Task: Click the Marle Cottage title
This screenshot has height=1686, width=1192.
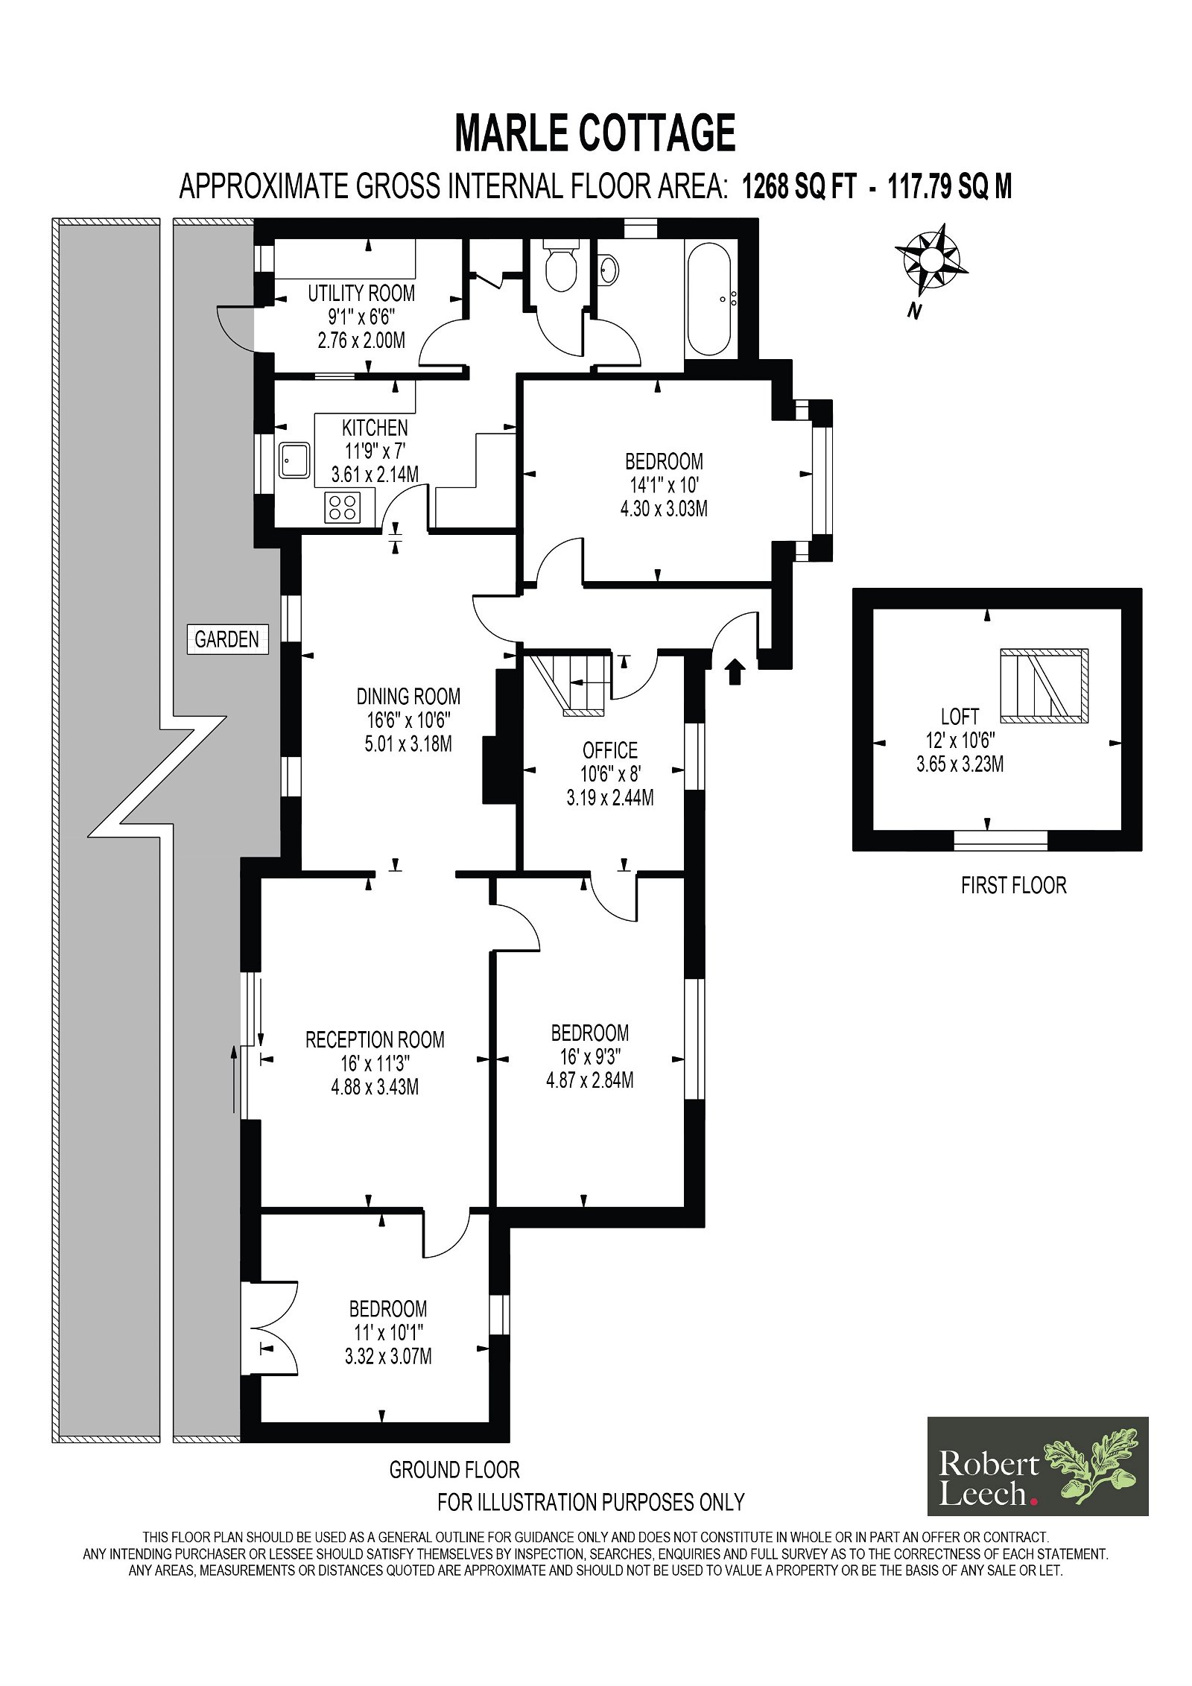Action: (595, 133)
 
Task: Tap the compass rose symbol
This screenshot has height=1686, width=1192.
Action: (931, 261)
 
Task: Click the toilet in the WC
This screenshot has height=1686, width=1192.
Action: (560, 265)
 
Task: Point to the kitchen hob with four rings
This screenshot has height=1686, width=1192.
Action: (342, 507)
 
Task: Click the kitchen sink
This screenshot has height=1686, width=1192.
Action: (295, 460)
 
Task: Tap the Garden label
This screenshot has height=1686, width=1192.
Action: (227, 638)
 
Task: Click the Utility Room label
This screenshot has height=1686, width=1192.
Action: (361, 293)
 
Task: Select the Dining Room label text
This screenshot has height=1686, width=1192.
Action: (408, 696)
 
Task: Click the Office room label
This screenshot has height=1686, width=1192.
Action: (610, 749)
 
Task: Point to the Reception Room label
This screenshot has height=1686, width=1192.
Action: (375, 1039)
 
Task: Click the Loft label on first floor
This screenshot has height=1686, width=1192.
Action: (960, 717)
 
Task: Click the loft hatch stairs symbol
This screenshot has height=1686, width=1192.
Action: (1044, 686)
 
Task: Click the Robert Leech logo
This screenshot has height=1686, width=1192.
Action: (1038, 1466)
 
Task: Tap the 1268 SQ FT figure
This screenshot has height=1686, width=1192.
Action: (799, 186)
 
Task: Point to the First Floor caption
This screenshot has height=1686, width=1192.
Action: (1013, 885)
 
